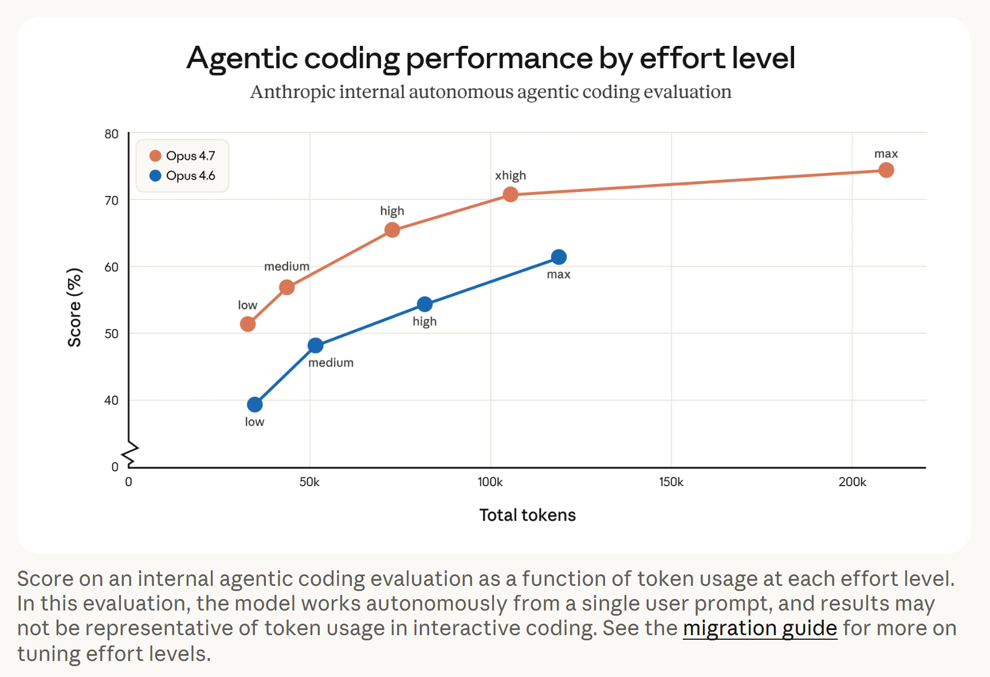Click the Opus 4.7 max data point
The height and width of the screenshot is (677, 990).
click(886, 170)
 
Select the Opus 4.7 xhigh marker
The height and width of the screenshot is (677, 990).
click(510, 195)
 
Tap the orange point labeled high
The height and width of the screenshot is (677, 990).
click(392, 230)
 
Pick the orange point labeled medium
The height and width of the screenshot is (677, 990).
click(287, 287)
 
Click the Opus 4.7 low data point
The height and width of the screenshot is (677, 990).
click(247, 324)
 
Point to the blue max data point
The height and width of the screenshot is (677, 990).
click(559, 257)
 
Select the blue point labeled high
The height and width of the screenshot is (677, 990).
click(425, 304)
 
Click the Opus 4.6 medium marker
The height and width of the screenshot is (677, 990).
click(315, 346)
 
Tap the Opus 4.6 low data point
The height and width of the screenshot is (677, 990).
click(255, 405)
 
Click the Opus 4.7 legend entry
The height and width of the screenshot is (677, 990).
click(182, 156)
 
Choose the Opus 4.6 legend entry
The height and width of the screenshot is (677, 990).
click(182, 176)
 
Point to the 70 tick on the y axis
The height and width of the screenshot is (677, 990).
click(112, 201)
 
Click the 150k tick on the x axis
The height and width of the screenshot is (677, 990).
click(671, 482)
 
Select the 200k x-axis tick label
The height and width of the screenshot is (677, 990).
click(852, 482)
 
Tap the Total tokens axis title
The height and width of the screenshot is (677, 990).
click(527, 515)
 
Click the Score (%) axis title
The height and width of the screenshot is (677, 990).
click(74, 307)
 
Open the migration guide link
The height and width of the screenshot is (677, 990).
click(760, 628)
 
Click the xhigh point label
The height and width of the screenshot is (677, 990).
click(510, 175)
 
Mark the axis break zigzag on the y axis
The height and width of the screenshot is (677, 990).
click(131, 453)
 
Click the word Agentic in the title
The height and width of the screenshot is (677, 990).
click(241, 58)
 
